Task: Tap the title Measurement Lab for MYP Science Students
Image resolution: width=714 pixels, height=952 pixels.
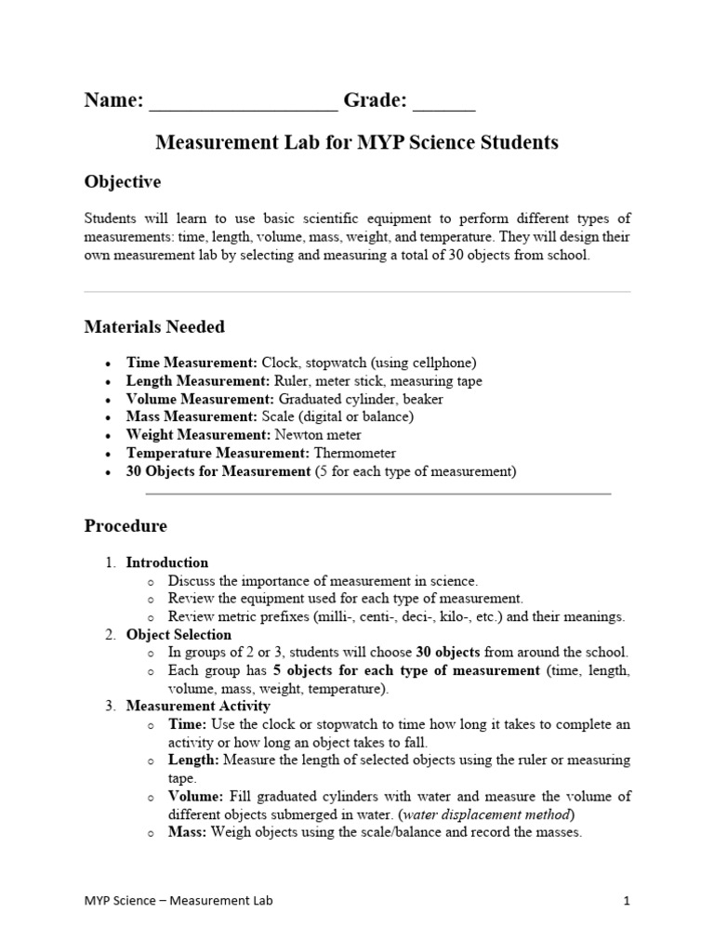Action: click(x=357, y=142)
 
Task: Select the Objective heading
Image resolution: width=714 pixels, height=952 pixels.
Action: click(x=123, y=181)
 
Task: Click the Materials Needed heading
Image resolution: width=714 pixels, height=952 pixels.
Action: click(x=154, y=326)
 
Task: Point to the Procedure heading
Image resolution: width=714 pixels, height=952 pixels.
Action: click(x=126, y=526)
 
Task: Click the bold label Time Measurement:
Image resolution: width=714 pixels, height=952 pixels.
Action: click(x=192, y=362)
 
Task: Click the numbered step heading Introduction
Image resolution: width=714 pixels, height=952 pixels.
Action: click(x=167, y=562)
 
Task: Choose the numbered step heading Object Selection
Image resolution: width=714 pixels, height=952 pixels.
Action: click(x=179, y=635)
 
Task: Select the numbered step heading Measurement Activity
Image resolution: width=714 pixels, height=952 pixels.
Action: click(x=198, y=707)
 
